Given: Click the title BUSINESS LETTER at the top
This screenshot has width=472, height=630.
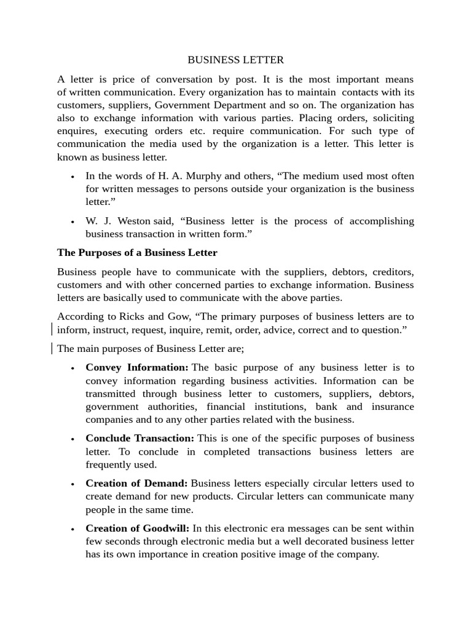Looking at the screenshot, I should [235, 60].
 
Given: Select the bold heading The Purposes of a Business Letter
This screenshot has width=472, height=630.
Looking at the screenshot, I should [137, 253].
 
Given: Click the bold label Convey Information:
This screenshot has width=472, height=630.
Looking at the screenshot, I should [137, 367].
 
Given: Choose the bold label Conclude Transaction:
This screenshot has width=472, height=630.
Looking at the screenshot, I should [140, 438].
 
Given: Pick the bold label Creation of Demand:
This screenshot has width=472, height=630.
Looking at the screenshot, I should [136, 483].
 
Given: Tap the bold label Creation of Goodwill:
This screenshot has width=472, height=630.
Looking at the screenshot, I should [138, 528].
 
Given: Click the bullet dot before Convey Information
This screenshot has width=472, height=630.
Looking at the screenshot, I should [73, 369].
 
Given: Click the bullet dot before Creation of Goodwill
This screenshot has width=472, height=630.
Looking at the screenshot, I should [73, 529].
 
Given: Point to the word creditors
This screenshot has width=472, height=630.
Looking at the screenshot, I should [393, 271].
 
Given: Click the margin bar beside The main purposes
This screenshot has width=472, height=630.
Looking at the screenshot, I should [52, 349].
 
